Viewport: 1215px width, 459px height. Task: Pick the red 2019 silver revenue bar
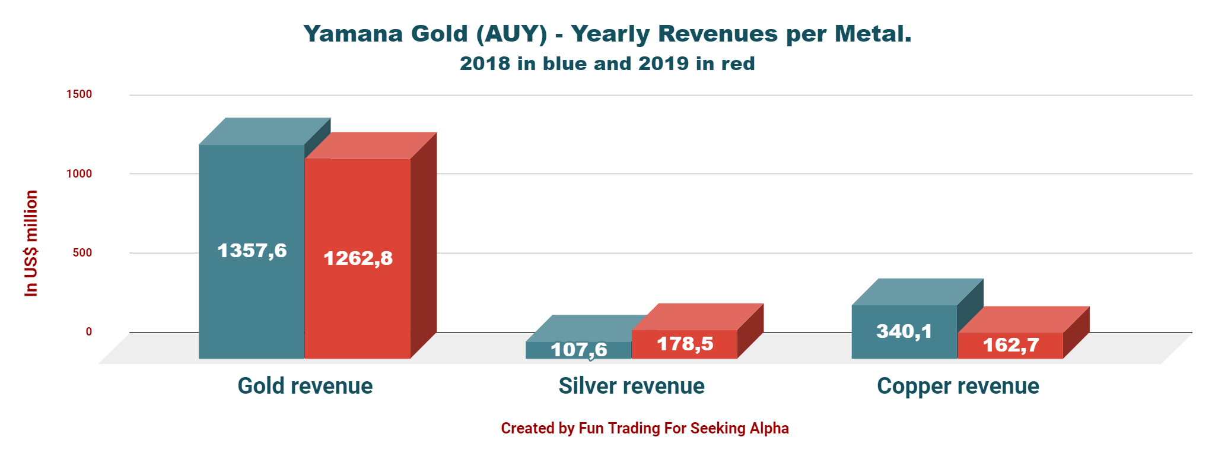684,344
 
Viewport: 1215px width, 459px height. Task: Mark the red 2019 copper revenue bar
1010,346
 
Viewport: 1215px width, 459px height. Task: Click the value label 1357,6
252,251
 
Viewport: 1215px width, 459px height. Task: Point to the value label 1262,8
358,258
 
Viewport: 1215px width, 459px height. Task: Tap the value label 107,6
578,350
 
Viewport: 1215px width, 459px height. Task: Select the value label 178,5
685,344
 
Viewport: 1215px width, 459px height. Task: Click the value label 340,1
904,331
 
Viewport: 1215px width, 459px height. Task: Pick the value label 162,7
1010,345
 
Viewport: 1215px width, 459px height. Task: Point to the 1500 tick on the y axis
79,94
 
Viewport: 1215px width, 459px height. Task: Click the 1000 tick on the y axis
79,173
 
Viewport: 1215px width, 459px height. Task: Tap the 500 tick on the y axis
82,252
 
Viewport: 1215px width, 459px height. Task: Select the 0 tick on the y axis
88,331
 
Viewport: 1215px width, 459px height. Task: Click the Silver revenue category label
631,386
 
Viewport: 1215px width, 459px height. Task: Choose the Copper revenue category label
958,386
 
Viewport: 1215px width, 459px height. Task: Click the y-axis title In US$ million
31,243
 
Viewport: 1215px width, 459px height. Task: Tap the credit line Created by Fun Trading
644,428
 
